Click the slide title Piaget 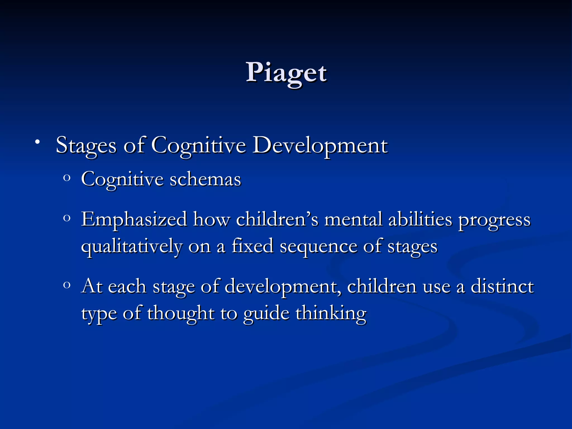point(286,73)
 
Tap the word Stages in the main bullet point(86,146)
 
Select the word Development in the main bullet point(320,146)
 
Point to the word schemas point(205,179)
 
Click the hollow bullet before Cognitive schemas point(66,178)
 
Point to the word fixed point(252,246)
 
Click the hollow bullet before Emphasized point(66,218)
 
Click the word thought point(180,313)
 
